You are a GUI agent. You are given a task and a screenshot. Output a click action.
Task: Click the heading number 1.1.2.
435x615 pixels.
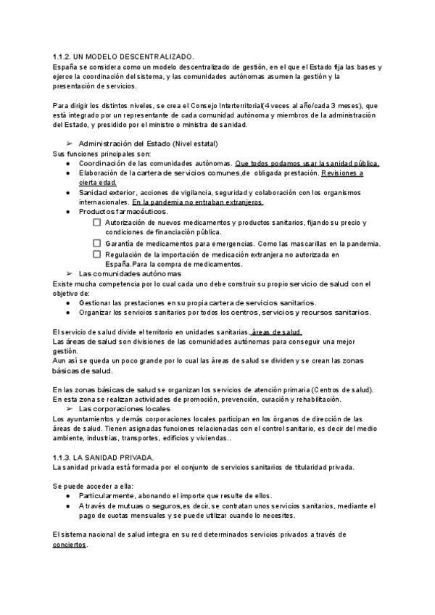[x=61, y=56]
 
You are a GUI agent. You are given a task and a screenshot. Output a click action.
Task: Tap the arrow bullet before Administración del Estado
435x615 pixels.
[x=70, y=144]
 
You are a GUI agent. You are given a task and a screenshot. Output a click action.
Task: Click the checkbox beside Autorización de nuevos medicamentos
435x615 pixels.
[x=97, y=223]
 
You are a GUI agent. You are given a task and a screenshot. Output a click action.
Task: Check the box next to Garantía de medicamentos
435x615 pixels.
[x=97, y=244]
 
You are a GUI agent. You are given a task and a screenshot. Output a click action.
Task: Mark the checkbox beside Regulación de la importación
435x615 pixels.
[x=97, y=255]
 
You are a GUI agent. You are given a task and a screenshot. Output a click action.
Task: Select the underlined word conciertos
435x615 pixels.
[x=70, y=545]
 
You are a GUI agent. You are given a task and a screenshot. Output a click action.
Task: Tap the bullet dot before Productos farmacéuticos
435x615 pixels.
[x=68, y=212]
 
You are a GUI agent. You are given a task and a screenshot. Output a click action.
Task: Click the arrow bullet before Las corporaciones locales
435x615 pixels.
[x=70, y=409]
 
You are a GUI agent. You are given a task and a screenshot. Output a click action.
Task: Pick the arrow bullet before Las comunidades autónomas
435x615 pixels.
[x=70, y=274]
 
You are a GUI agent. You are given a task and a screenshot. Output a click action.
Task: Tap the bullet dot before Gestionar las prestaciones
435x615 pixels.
[x=68, y=302]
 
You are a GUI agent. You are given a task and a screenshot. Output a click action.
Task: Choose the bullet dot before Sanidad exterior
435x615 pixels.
[x=68, y=192]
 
